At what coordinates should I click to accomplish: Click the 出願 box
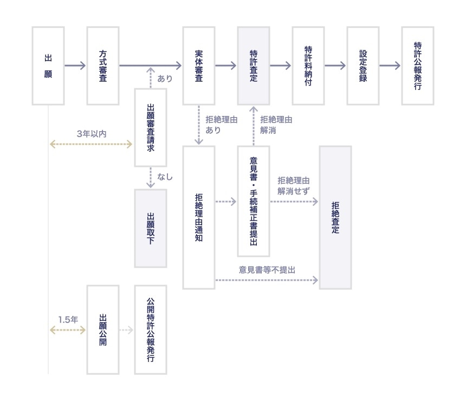click(x=48, y=66)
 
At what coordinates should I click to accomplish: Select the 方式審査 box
click(x=103, y=66)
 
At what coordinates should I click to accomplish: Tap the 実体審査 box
click(x=199, y=66)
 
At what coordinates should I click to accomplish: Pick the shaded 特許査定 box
click(x=253, y=66)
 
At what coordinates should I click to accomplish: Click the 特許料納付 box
click(x=308, y=66)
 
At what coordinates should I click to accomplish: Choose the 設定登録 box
click(x=363, y=66)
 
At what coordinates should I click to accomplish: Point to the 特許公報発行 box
click(x=417, y=66)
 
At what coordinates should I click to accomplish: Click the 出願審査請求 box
click(x=151, y=127)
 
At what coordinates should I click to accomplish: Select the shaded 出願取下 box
click(x=151, y=228)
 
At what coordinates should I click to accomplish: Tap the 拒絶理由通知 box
click(x=199, y=217)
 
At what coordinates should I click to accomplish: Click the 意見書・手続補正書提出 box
click(x=253, y=201)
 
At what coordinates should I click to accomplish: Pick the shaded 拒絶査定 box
click(x=335, y=217)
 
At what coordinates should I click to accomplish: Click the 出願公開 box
click(x=103, y=329)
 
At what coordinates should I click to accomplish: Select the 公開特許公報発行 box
click(x=151, y=329)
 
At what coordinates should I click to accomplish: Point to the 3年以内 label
click(x=90, y=133)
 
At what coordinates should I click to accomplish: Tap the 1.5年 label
click(x=68, y=319)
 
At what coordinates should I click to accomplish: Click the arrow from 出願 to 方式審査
click(x=75, y=66)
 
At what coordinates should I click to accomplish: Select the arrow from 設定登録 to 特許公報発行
click(x=390, y=66)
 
